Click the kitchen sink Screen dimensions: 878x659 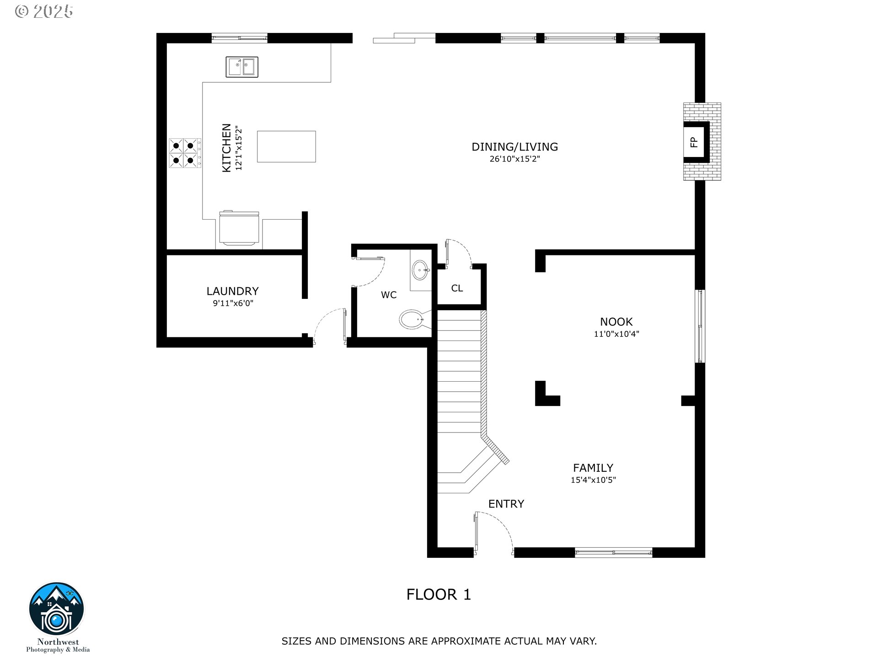242,67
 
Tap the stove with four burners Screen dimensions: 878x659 185,153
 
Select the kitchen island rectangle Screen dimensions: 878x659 286,146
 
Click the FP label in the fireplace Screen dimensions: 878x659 694,142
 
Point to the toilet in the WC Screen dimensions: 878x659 414,319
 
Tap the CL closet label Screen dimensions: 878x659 457,288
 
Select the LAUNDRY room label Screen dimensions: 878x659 233,291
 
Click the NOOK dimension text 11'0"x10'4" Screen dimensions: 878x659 616,334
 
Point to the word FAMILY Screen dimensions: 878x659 593,468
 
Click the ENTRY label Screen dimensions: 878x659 506,504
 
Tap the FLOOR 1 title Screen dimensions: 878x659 439,594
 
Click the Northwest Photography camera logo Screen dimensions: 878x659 57,609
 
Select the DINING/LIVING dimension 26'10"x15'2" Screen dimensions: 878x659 515,159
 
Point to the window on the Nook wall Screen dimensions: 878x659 700,326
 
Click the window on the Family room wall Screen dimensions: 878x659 614,552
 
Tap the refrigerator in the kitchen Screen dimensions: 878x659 239,229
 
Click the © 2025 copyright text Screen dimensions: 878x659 44,11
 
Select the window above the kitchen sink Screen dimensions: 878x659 239,38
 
